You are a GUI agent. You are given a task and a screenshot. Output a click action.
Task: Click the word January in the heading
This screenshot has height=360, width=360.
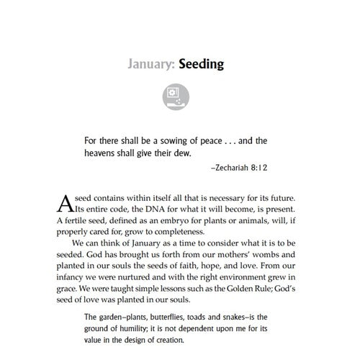coord(150,64)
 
